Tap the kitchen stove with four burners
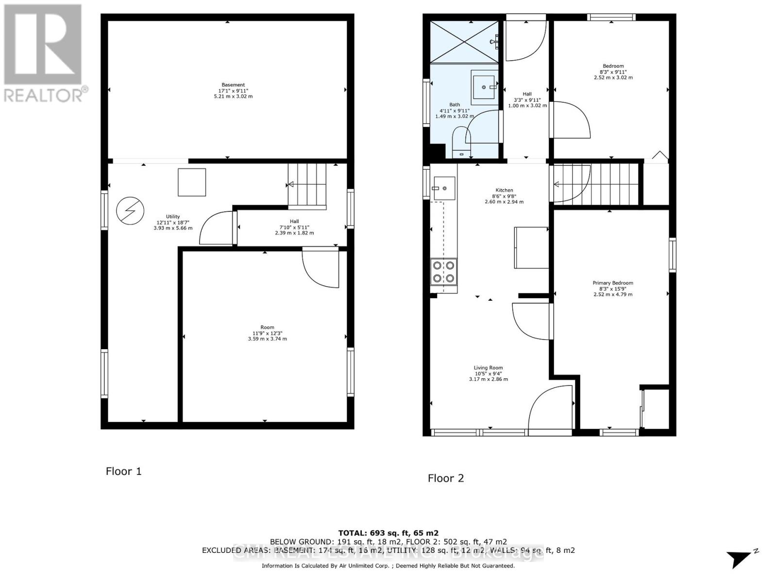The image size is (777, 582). [x=444, y=272]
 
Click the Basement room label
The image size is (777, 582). [x=233, y=85]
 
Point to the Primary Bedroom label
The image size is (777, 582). [x=613, y=283]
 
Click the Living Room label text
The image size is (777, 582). [x=488, y=368]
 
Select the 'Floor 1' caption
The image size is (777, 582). [x=124, y=471]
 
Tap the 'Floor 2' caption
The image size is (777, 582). [x=446, y=478]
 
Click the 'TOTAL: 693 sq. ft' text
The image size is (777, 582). [x=388, y=533]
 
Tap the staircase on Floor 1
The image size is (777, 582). [x=307, y=186]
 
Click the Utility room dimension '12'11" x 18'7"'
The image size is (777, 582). [x=173, y=222]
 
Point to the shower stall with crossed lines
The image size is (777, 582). [x=465, y=42]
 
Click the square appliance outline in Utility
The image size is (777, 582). [x=192, y=182]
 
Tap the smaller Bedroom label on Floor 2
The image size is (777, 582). [x=613, y=66]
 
